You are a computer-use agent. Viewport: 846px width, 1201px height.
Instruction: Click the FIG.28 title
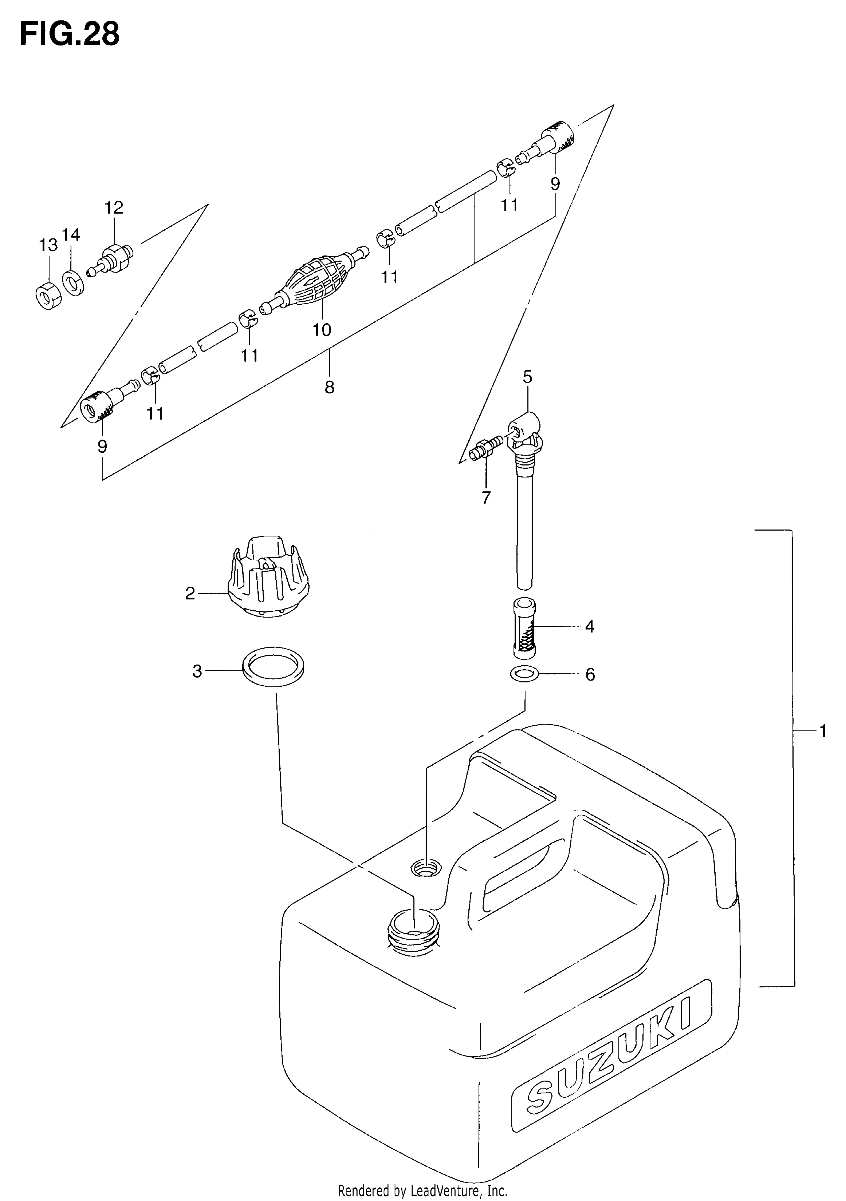(70, 35)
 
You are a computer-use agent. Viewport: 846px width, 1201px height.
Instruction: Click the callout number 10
(322, 330)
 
